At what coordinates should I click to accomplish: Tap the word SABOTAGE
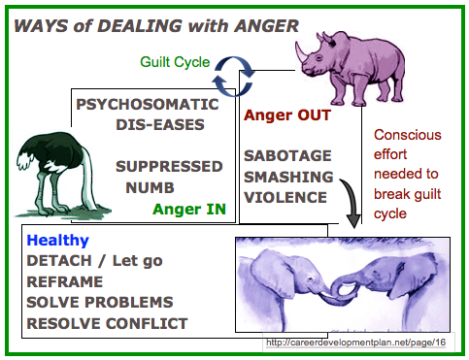click(x=287, y=155)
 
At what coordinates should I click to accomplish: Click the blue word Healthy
click(x=58, y=241)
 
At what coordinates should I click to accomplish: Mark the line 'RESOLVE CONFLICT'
click(x=107, y=322)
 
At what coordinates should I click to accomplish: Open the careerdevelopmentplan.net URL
click(x=356, y=343)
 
